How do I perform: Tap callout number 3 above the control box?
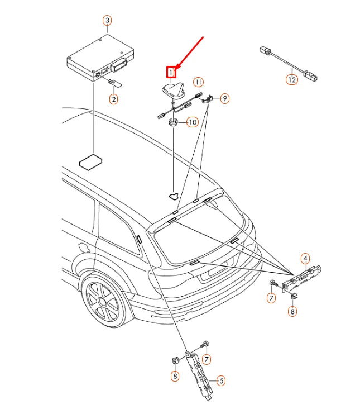[x=107, y=21]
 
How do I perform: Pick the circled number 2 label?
[x=113, y=99]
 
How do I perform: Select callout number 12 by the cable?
[x=292, y=80]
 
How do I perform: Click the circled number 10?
[x=191, y=122]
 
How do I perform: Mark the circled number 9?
[x=224, y=98]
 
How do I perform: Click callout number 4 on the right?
[x=305, y=258]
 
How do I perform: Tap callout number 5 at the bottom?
[x=220, y=381]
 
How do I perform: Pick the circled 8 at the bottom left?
[x=175, y=377]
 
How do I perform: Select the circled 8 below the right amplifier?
[x=292, y=312]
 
